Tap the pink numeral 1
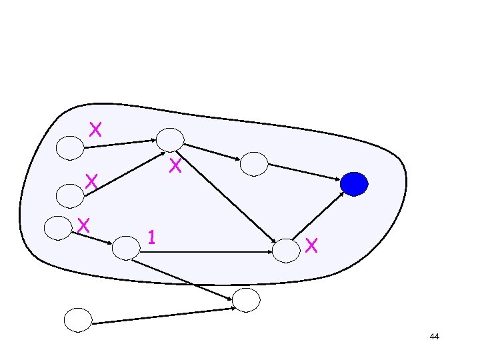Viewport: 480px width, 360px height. click(x=152, y=237)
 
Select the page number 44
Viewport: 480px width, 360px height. click(x=435, y=337)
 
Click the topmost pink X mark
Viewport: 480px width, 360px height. click(x=95, y=129)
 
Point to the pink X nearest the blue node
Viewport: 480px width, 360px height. click(x=313, y=245)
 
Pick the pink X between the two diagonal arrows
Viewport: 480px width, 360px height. click(x=175, y=165)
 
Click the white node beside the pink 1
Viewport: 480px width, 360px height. click(x=126, y=248)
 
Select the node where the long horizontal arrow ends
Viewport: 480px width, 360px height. click(x=287, y=251)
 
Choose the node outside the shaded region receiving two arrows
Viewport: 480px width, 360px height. click(x=246, y=301)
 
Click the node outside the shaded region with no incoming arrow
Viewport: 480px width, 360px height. click(x=77, y=320)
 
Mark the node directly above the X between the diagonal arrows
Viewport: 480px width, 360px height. click(x=171, y=139)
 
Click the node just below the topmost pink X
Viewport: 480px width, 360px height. click(x=70, y=148)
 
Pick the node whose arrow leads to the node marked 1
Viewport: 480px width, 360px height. click(x=57, y=227)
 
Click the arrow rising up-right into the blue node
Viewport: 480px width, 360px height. click(x=319, y=215)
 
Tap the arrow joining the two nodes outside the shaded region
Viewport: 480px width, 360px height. click(x=163, y=316)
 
